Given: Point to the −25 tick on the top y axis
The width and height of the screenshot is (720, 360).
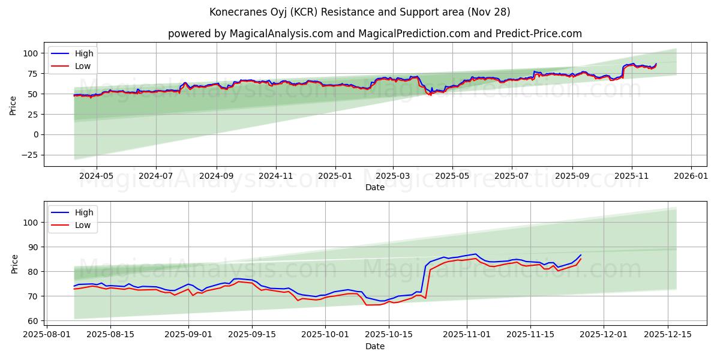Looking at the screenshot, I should point(31,155).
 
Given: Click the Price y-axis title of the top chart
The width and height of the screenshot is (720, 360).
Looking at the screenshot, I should point(13,104).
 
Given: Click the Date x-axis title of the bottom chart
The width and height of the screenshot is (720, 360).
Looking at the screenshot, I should point(374,347).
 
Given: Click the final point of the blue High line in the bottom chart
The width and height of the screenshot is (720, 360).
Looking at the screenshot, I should point(580,255).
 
